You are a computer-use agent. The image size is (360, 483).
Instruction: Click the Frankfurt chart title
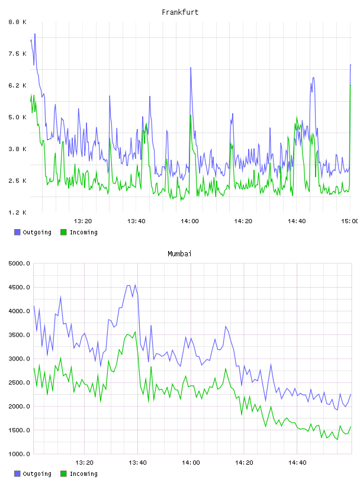click(x=180, y=12)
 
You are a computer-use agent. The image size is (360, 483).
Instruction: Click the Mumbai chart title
click(x=179, y=254)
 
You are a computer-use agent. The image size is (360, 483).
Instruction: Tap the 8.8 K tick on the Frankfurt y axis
click(x=18, y=22)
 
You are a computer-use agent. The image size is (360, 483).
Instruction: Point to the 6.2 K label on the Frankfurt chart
click(x=18, y=85)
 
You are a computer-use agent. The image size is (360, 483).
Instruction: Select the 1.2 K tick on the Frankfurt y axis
click(x=18, y=212)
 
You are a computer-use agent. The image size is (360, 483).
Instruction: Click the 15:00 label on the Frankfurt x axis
click(x=349, y=221)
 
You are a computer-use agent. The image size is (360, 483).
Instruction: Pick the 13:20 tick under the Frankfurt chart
click(x=83, y=221)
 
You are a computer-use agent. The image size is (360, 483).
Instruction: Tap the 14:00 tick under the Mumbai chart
click(x=191, y=462)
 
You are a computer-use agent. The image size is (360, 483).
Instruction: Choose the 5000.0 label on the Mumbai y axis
click(x=19, y=263)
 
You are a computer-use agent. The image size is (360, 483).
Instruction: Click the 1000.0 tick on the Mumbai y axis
click(x=19, y=454)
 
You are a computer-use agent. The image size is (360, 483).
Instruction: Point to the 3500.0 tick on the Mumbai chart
click(x=19, y=335)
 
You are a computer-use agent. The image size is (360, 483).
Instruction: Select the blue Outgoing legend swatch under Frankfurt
click(x=17, y=232)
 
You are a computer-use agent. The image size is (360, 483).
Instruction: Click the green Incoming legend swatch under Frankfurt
click(x=63, y=232)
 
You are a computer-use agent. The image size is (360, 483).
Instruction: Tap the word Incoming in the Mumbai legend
click(x=83, y=474)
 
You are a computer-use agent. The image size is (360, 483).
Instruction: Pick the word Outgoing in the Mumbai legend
click(x=37, y=474)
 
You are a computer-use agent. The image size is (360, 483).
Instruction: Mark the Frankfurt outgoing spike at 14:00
click(x=191, y=67)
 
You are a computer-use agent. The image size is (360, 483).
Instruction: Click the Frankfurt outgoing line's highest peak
click(x=35, y=34)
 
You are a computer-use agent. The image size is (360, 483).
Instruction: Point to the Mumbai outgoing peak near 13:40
click(x=135, y=285)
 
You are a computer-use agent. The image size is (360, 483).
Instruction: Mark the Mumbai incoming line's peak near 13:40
click(x=135, y=331)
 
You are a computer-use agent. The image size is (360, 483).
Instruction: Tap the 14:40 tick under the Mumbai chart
click(x=297, y=462)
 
